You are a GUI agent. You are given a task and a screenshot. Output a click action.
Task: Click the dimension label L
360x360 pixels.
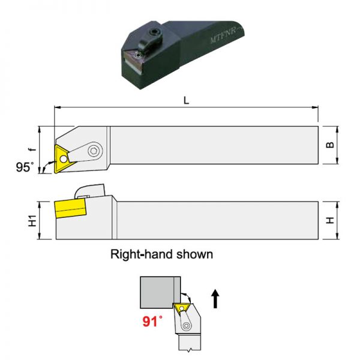coord(186,100)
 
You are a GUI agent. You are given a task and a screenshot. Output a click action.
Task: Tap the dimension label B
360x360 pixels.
coord(330,145)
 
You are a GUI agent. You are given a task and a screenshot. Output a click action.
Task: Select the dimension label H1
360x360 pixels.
coord(32,221)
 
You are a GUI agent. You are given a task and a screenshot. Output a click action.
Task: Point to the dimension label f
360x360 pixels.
coord(32,149)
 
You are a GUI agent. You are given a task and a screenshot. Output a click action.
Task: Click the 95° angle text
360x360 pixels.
coord(25,167)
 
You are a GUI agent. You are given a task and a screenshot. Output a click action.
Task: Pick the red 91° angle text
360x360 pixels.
coord(152,322)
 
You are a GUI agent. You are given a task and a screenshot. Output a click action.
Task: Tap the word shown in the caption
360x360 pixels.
coord(194,254)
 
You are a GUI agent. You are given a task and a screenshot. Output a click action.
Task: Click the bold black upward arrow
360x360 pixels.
coord(215,298)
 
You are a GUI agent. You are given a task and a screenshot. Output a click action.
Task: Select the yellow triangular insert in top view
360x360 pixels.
coord(62,159)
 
